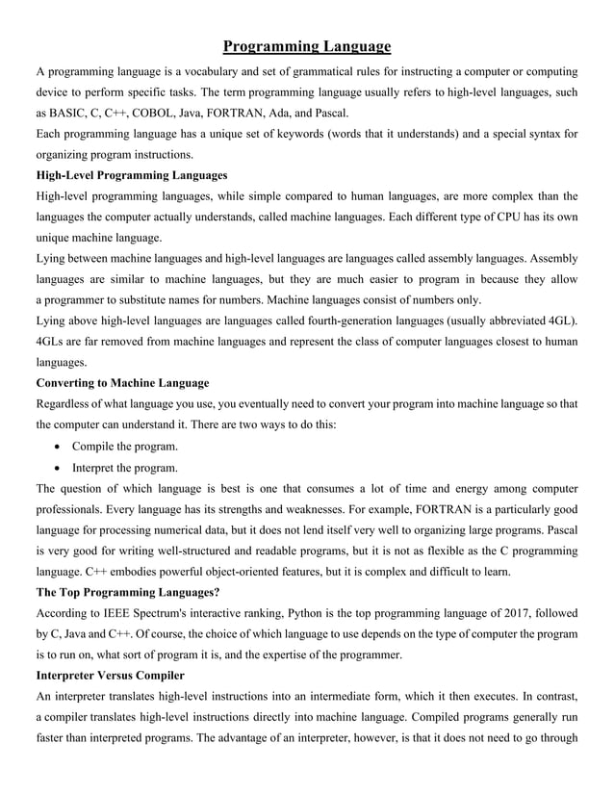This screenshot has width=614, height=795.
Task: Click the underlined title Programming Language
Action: click(307, 46)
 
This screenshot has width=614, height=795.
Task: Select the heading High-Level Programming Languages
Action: click(132, 175)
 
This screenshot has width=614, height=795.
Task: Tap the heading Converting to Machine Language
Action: click(122, 382)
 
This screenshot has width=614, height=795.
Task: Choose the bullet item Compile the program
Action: click(124, 447)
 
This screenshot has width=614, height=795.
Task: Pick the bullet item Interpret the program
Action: click(124, 468)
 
